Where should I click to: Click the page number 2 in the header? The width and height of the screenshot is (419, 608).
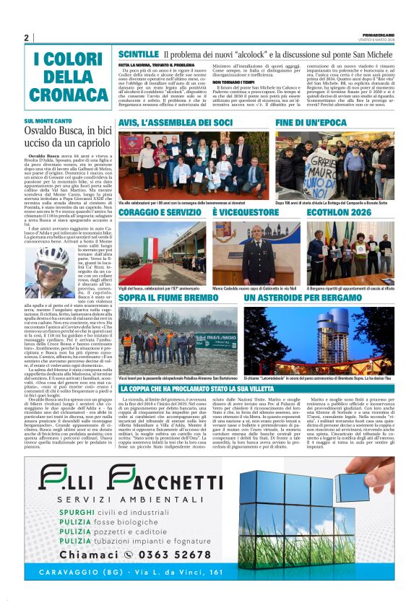[26, 38]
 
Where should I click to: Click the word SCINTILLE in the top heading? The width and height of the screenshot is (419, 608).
[138, 54]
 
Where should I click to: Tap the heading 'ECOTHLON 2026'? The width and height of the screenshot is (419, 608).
[343, 213]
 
